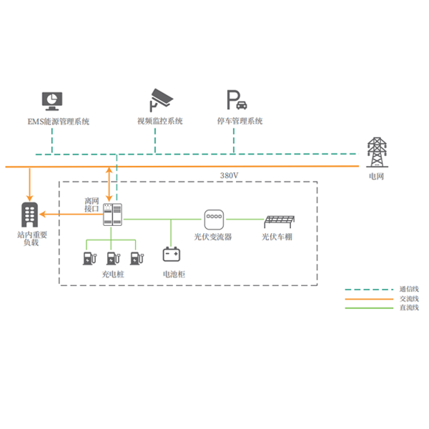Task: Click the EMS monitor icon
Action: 52,99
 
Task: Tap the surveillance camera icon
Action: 161,99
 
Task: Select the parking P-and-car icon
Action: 237,99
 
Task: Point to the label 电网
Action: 375,176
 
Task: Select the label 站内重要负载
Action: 30,239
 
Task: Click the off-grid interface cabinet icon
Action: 112,214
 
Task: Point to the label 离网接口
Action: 92,205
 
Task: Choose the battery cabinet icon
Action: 171,255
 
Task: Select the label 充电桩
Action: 112,274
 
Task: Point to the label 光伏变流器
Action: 213,236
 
